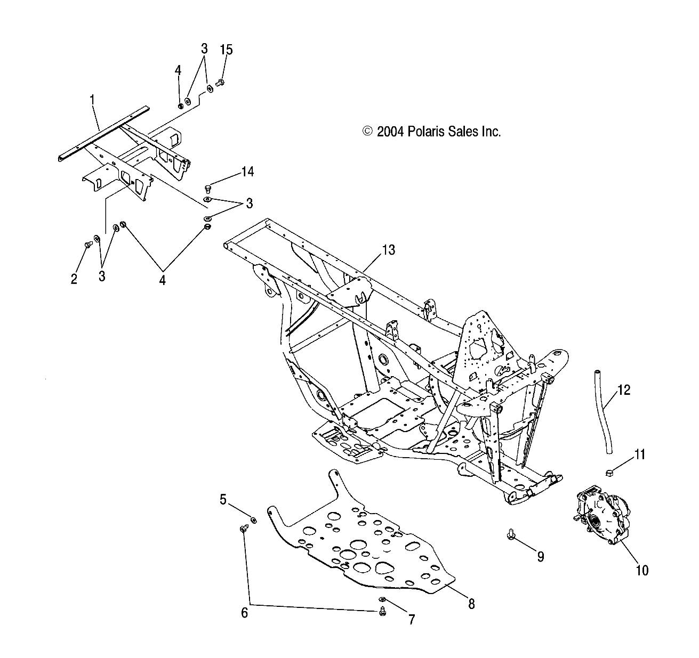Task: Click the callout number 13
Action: (389, 250)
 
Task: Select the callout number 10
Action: (642, 570)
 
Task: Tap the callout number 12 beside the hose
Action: (624, 390)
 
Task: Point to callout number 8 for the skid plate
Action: (471, 604)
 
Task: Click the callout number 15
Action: (226, 50)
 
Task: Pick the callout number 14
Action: (247, 172)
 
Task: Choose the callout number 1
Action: (92, 99)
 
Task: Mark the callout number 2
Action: (74, 278)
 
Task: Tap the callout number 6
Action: (245, 613)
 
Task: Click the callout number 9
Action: (540, 557)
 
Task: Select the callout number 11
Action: (639, 454)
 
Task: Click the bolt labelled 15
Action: (221, 82)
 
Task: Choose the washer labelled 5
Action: (254, 519)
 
